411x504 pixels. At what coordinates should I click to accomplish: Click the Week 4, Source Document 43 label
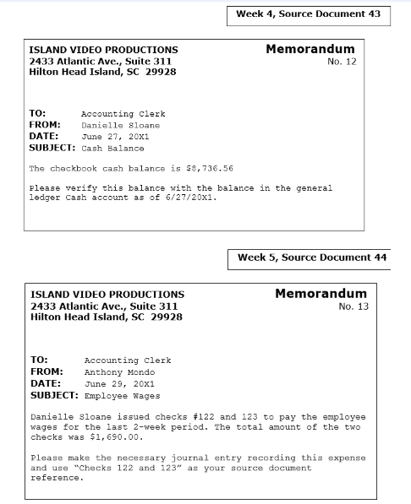click(x=308, y=14)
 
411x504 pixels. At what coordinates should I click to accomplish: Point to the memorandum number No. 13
click(x=353, y=306)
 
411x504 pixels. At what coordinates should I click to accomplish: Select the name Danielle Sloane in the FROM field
click(x=120, y=125)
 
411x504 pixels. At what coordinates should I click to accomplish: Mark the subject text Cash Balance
click(x=112, y=148)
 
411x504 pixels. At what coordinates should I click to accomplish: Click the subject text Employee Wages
click(x=122, y=395)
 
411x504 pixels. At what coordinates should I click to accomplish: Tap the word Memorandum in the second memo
click(x=321, y=294)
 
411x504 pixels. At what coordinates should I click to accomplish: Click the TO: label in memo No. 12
click(x=37, y=113)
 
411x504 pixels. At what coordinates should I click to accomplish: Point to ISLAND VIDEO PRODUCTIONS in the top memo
click(x=103, y=50)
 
